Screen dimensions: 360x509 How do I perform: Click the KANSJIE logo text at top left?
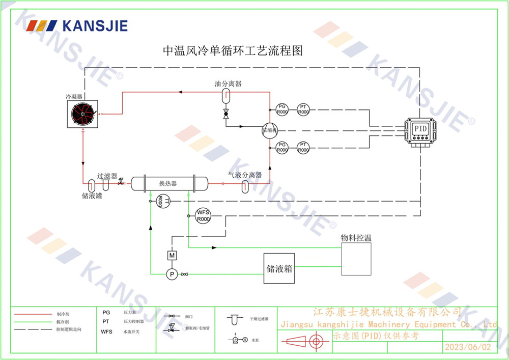tap(94, 25)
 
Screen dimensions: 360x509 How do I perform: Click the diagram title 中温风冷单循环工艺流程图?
tap(233, 51)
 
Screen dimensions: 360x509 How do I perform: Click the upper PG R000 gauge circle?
tap(282, 109)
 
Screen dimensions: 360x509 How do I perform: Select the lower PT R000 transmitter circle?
tap(303, 148)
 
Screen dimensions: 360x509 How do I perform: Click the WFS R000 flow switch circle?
tap(203, 215)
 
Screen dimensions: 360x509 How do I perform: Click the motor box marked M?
tap(172, 255)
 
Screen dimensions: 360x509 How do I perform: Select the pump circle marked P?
tap(172, 274)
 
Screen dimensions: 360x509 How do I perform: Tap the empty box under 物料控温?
tap(356, 260)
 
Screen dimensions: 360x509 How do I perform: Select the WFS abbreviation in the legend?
tap(107, 331)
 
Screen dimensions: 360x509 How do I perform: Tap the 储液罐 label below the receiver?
tap(92, 195)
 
